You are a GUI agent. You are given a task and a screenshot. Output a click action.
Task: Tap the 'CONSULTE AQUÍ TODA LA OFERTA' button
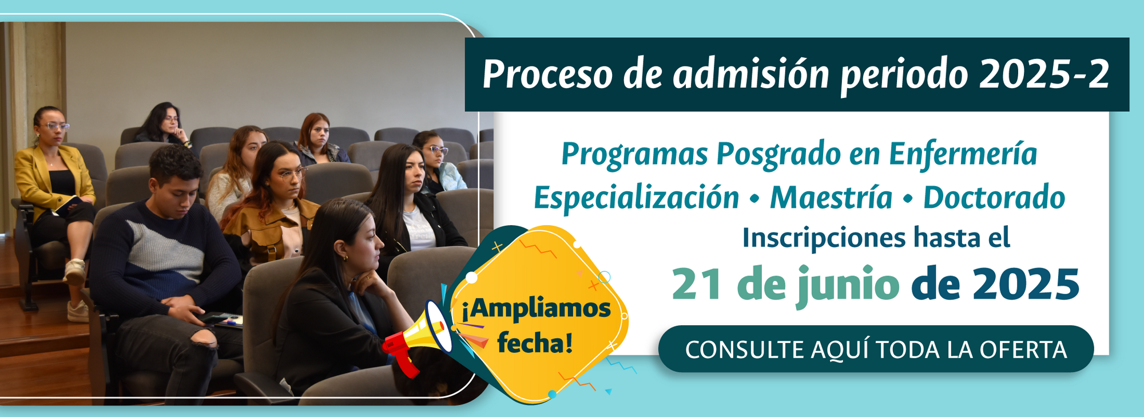(x=876, y=349)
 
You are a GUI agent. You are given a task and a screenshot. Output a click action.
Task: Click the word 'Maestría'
(x=831, y=198)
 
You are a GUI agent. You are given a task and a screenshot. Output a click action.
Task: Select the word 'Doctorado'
(x=994, y=198)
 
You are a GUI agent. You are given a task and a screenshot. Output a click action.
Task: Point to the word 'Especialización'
(x=636, y=198)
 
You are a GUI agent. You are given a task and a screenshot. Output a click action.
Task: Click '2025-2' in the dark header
(x=1044, y=74)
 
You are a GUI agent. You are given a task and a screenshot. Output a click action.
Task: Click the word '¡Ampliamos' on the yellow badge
(x=536, y=309)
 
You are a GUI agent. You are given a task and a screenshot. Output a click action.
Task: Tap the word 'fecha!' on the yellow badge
(x=535, y=343)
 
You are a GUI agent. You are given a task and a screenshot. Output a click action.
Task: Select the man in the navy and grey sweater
(x=166, y=269)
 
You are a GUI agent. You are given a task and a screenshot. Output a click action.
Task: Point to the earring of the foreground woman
(x=345, y=258)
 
